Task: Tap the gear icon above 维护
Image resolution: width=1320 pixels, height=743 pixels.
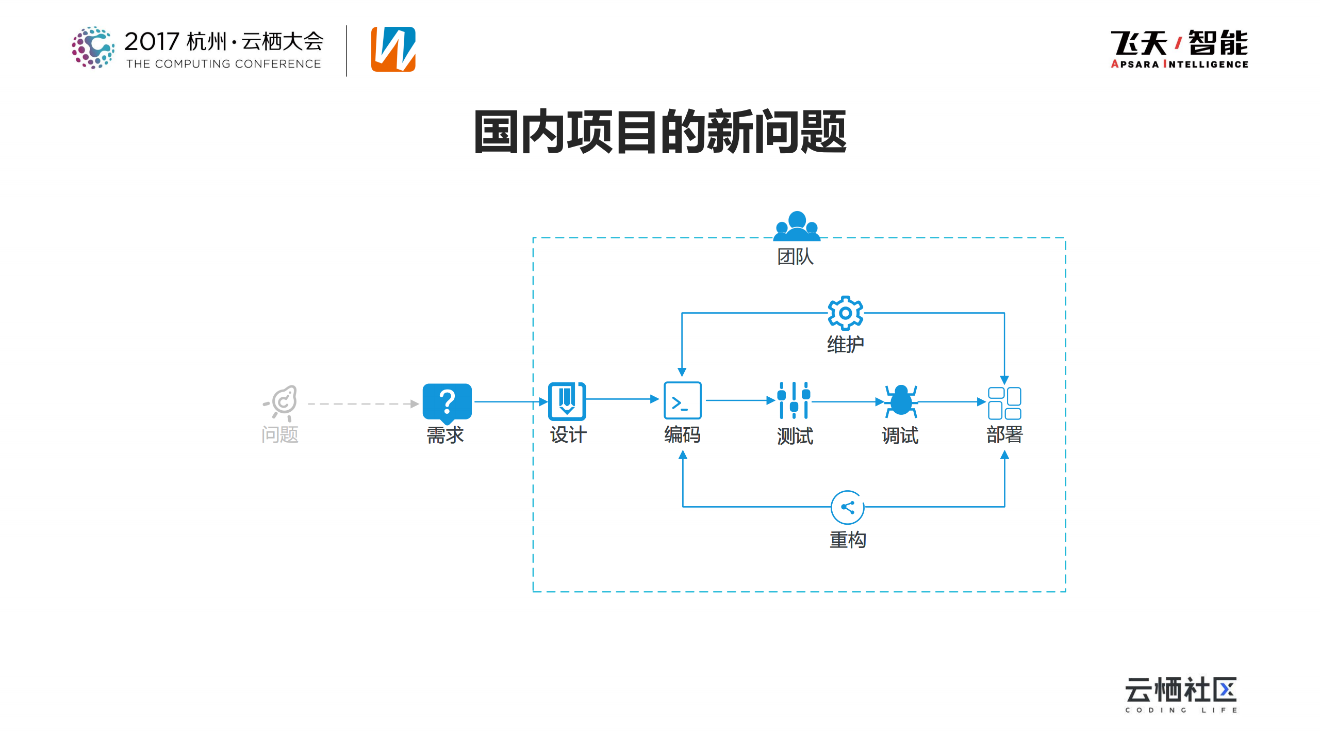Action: click(845, 313)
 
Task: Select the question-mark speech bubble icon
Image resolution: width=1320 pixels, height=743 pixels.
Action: click(447, 401)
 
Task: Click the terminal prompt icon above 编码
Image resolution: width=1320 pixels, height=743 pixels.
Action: click(682, 400)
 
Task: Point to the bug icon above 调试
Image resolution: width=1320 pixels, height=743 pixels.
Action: click(901, 401)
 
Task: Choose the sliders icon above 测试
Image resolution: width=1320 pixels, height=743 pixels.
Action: click(794, 400)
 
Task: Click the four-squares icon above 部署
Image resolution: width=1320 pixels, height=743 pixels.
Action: click(1004, 403)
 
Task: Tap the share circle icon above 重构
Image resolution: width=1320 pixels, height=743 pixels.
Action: click(847, 507)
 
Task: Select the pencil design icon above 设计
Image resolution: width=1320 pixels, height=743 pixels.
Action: click(567, 401)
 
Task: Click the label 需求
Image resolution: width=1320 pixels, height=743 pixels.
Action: click(445, 435)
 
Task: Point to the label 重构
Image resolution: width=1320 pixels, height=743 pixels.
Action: click(848, 540)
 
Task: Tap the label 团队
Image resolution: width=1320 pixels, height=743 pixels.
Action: click(795, 256)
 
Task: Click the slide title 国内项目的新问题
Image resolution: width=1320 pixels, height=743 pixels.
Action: click(660, 132)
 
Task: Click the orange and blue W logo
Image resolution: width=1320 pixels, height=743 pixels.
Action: click(393, 49)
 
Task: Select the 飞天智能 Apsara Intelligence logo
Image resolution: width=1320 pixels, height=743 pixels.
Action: click(1179, 49)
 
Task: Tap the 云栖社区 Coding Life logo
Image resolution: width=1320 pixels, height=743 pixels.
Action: click(1181, 694)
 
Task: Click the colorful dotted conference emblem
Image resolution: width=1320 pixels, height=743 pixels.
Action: click(93, 47)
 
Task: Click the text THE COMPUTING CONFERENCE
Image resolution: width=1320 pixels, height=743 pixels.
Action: click(224, 64)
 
